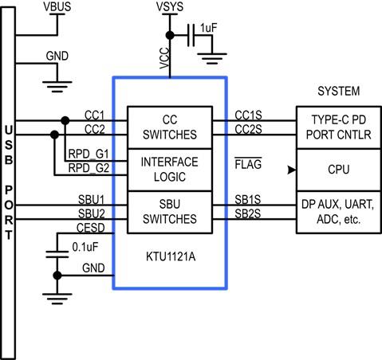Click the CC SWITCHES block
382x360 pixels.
click(x=168, y=127)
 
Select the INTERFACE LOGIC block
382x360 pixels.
click(x=168, y=169)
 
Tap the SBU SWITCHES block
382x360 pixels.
click(x=168, y=211)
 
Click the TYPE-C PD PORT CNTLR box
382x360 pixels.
click(x=338, y=127)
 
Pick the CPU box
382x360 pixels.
click(x=338, y=170)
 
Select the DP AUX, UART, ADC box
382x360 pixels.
click(x=338, y=211)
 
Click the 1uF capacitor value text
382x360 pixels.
click(x=209, y=28)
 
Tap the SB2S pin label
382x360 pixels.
click(x=248, y=213)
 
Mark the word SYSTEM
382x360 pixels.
click(x=338, y=91)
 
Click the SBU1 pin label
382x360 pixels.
click(x=92, y=198)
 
